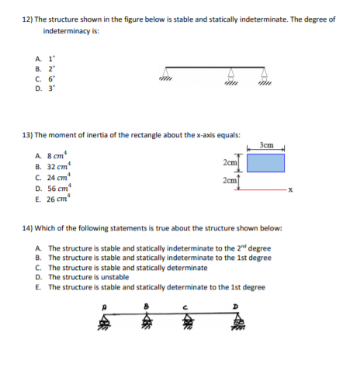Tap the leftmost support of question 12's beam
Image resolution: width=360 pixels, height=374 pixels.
tap(164, 75)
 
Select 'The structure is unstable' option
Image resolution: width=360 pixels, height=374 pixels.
tap(89, 276)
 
